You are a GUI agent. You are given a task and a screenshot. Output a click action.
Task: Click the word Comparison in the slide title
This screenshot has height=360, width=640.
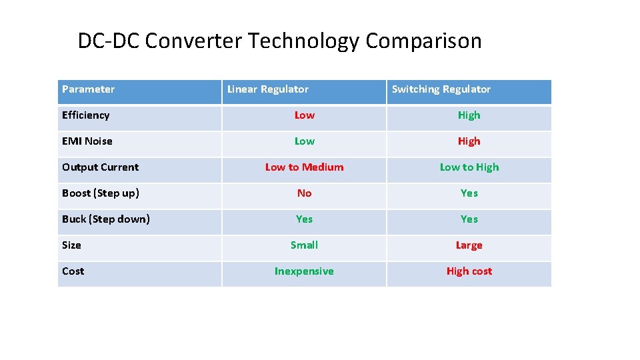pyautogui.click(x=423, y=41)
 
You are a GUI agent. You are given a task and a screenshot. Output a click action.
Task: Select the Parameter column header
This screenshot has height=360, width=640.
pyautogui.click(x=88, y=89)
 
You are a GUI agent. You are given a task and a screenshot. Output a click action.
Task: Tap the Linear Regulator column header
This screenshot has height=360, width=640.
pyautogui.click(x=268, y=89)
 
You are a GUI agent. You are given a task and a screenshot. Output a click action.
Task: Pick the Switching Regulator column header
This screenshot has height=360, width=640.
pyautogui.click(x=441, y=89)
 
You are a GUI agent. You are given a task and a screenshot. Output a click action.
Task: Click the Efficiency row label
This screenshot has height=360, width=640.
pyautogui.click(x=85, y=115)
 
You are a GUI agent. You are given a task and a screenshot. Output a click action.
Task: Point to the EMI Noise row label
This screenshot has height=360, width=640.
pyautogui.click(x=87, y=141)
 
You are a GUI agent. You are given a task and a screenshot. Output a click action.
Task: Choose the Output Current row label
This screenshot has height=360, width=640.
pyautogui.click(x=100, y=167)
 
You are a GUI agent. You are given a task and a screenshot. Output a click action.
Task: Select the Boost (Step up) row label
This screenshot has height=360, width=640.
pyautogui.click(x=101, y=193)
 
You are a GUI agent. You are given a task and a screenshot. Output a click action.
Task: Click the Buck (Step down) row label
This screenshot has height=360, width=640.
pyautogui.click(x=106, y=219)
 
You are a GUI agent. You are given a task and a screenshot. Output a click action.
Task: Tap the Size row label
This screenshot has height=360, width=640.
pyautogui.click(x=71, y=245)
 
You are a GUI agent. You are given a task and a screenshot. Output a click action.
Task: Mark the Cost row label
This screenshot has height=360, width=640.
pyautogui.click(x=73, y=271)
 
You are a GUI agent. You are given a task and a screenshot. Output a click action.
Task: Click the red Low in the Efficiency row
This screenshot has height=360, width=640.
pyautogui.click(x=305, y=115)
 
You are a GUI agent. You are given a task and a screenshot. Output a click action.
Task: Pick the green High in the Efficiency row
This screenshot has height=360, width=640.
pyautogui.click(x=469, y=115)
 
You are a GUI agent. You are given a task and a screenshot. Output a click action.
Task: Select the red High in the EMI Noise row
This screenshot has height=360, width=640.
pyautogui.click(x=469, y=141)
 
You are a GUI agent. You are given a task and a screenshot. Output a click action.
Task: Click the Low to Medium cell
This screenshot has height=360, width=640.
pyautogui.click(x=305, y=167)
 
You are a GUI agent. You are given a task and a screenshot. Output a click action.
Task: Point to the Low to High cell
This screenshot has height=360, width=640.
pyautogui.click(x=469, y=167)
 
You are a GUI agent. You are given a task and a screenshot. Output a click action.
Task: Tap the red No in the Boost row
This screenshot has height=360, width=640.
pyautogui.click(x=305, y=193)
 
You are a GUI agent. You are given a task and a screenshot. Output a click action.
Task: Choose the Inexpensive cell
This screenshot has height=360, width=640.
pyautogui.click(x=304, y=271)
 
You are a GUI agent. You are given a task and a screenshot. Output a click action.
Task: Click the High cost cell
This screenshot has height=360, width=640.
pyautogui.click(x=469, y=271)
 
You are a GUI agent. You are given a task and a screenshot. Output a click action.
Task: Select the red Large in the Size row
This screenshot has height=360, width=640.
pyautogui.click(x=469, y=245)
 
